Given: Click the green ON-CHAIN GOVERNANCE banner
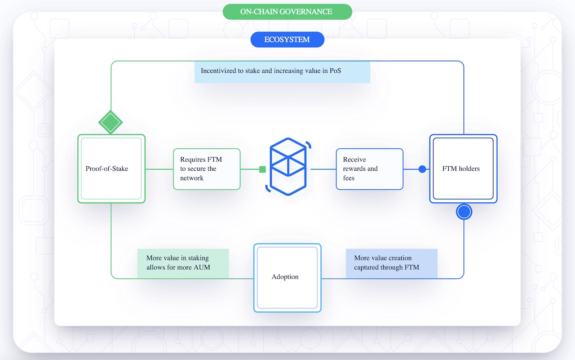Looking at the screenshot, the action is pyautogui.click(x=287, y=12).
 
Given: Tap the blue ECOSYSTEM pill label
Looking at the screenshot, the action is pyautogui.click(x=287, y=40).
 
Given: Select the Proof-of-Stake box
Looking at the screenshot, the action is pyautogui.click(x=111, y=169).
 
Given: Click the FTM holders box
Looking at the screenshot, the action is pyautogui.click(x=463, y=169).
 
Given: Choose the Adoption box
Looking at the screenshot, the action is pyautogui.click(x=287, y=278).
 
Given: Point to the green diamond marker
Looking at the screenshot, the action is pyautogui.click(x=111, y=122).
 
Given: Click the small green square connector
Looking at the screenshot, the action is pyautogui.click(x=262, y=169).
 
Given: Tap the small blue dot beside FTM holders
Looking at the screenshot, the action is pyautogui.click(x=422, y=169).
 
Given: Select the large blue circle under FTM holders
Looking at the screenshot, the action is pyautogui.click(x=464, y=212).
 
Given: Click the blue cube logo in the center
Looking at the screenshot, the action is pyautogui.click(x=288, y=167).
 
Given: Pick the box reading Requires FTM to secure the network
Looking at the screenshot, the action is pyautogui.click(x=207, y=169).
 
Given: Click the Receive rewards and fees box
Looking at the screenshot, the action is pyautogui.click(x=369, y=169).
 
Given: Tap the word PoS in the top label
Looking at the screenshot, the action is pyautogui.click(x=335, y=71).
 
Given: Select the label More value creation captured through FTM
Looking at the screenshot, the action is pyautogui.click(x=391, y=263).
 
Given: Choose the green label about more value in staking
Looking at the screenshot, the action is pyautogui.click(x=183, y=263).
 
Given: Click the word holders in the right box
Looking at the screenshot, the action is pyautogui.click(x=469, y=169).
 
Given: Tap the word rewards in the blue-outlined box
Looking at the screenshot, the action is pyautogui.click(x=354, y=169).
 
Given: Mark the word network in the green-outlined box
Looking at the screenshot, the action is pyautogui.click(x=192, y=178).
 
